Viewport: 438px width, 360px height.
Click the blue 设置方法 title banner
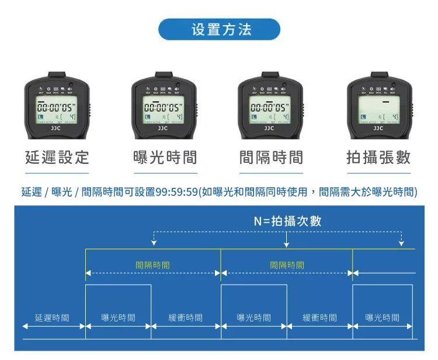[x=219, y=29]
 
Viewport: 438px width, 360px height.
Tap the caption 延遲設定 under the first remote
[x=57, y=158]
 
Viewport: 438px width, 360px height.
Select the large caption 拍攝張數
[x=378, y=158]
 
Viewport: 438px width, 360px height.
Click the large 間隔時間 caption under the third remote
[x=272, y=158]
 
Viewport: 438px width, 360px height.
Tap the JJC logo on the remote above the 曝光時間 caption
[x=163, y=127]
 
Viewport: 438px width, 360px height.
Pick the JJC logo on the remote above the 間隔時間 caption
[x=269, y=127]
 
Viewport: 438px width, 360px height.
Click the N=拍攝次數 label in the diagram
[x=287, y=221]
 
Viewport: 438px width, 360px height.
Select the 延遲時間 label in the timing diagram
[x=52, y=318]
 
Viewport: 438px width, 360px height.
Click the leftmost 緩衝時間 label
[x=185, y=318]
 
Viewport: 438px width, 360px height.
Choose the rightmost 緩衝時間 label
[x=319, y=318]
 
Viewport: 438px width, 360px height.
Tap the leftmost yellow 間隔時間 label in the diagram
[x=152, y=264]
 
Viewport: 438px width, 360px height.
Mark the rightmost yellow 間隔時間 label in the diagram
[x=287, y=264]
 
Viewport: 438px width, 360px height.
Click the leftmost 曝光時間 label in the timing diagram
[x=118, y=318]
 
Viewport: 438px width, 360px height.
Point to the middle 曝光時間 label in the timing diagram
[x=253, y=318]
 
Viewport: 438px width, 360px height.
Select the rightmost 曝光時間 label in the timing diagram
[x=383, y=318]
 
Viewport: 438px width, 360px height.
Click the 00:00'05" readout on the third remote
[x=269, y=108]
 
